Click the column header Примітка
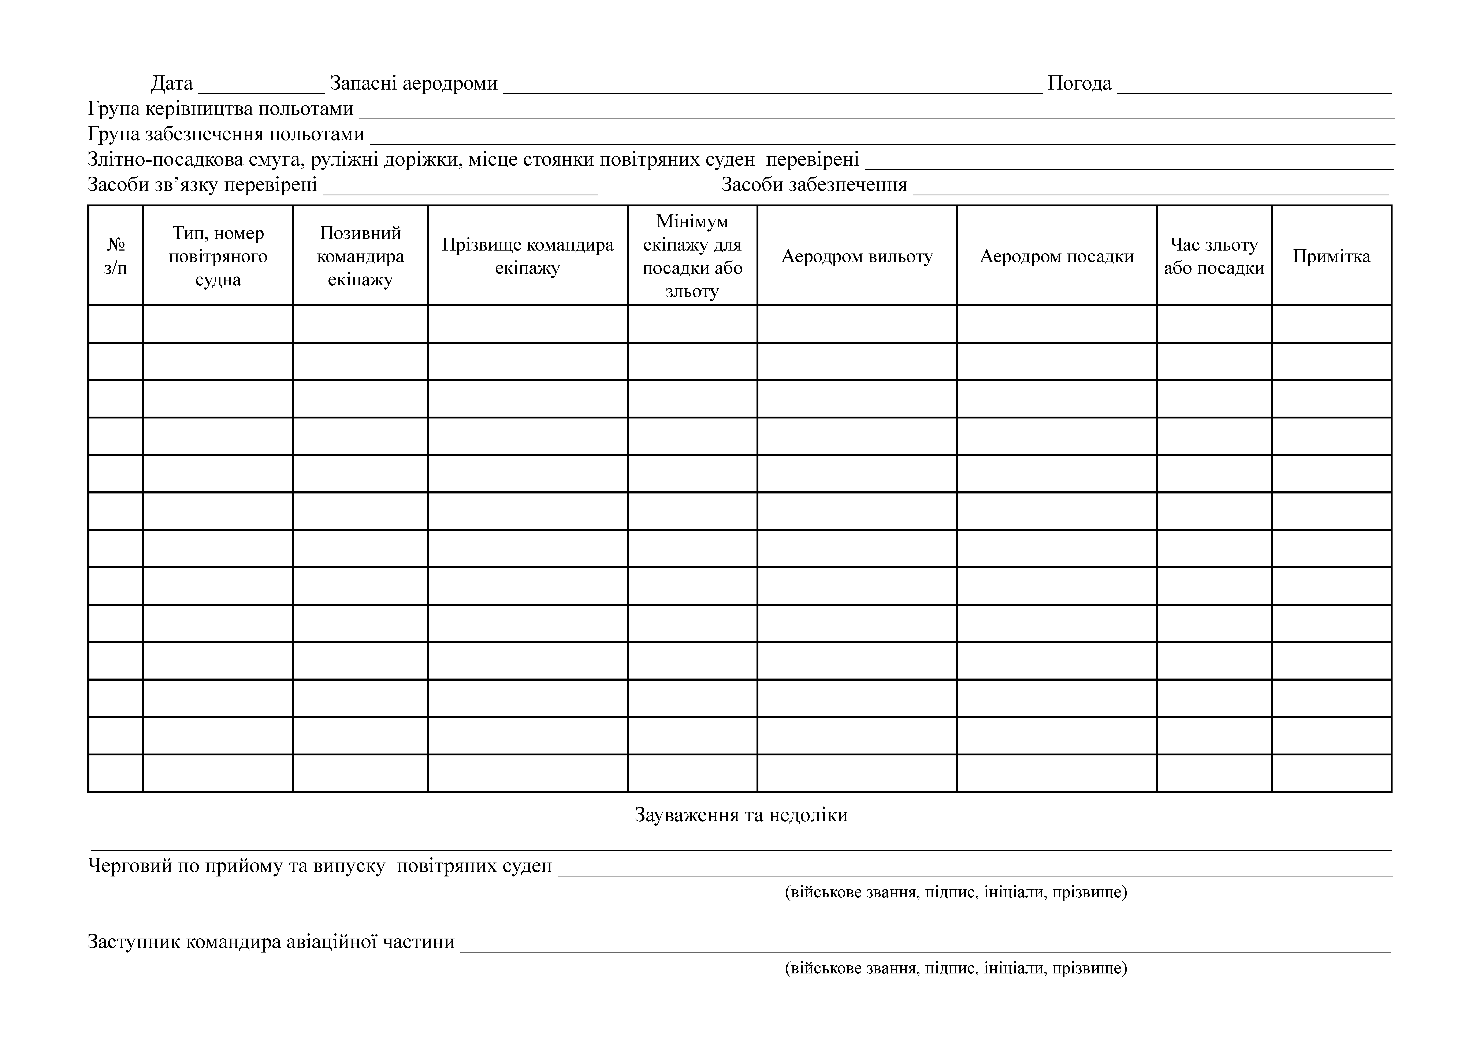(x=1331, y=256)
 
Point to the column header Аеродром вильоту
(x=857, y=256)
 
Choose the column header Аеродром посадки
(x=1057, y=256)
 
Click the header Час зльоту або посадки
(x=1214, y=256)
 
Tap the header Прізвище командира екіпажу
(x=527, y=256)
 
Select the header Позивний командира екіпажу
(x=360, y=256)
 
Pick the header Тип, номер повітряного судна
(x=218, y=256)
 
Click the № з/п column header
(x=116, y=256)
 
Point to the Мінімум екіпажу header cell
(x=692, y=256)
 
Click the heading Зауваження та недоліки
(x=741, y=815)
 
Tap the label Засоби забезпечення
(x=814, y=185)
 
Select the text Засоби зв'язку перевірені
(x=202, y=185)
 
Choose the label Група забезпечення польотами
(x=226, y=134)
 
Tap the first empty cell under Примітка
(x=1331, y=324)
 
